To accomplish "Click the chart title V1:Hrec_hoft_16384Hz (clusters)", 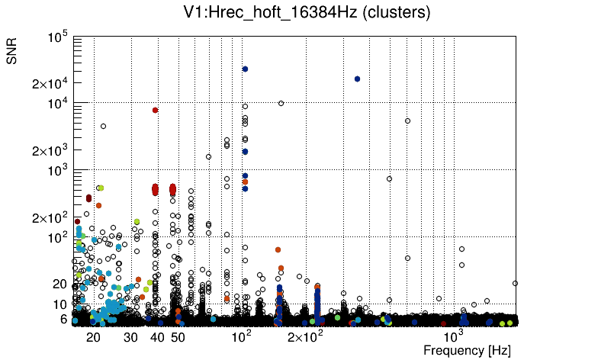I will [307, 12].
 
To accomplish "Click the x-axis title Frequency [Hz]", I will [467, 351].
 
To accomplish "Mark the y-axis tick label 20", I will [60, 284].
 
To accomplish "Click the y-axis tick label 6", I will [64, 319].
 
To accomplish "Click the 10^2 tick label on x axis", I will [242, 336].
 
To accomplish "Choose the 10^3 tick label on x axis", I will [453, 336].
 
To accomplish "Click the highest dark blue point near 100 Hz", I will [245, 69].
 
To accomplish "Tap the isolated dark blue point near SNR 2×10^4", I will [357, 79].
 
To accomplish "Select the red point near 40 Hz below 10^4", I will [155, 110].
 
